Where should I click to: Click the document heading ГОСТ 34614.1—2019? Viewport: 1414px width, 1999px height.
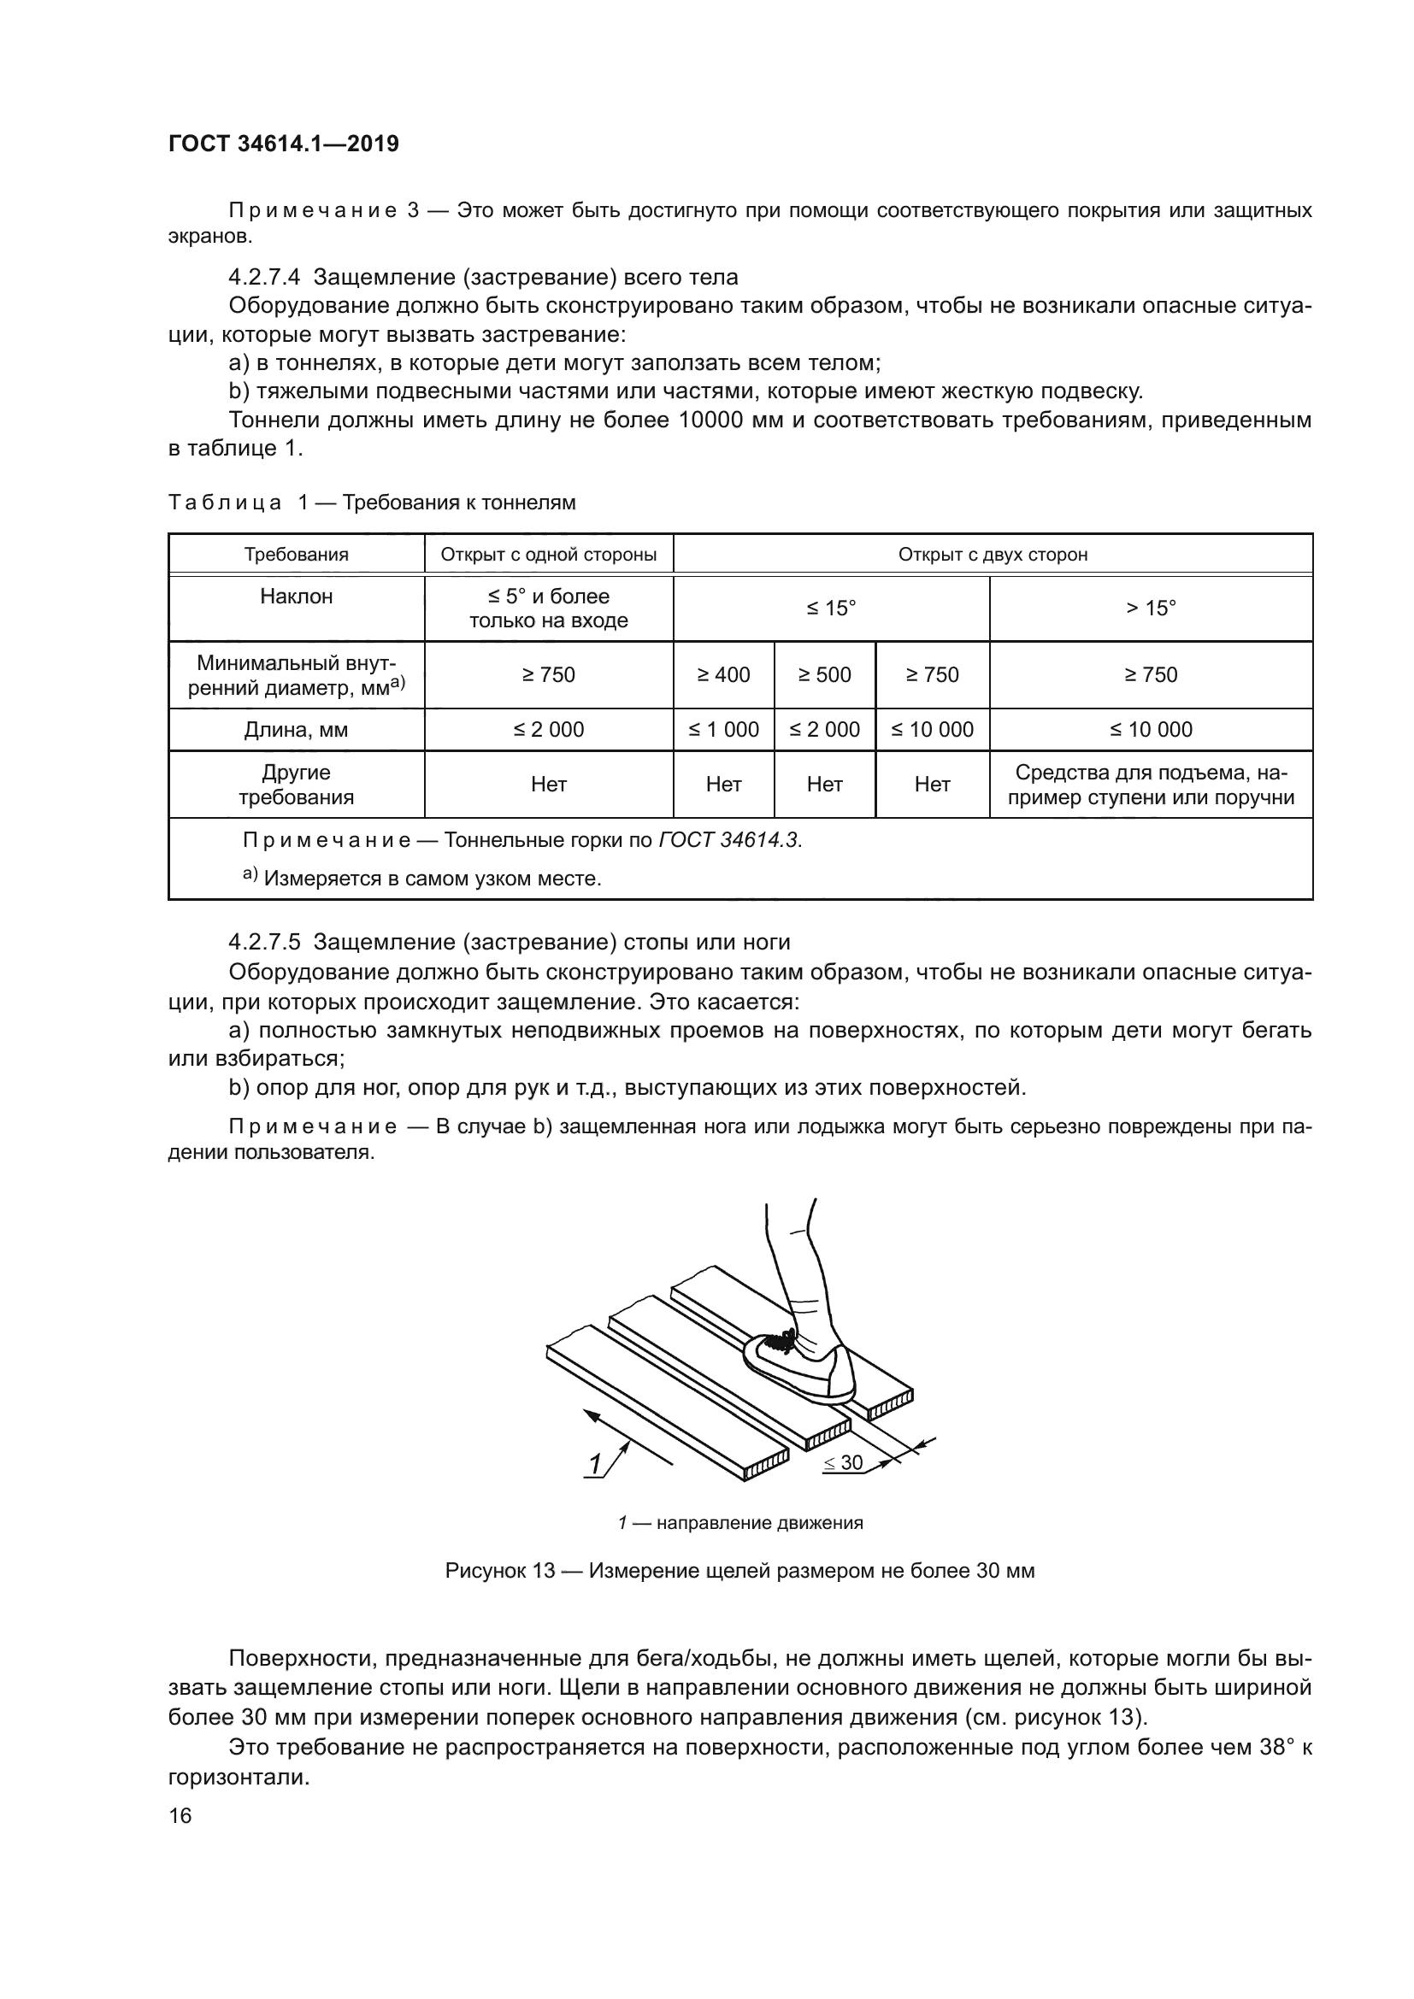[x=283, y=144]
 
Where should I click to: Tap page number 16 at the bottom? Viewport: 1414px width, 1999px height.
[x=180, y=1816]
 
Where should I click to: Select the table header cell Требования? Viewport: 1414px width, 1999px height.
[x=296, y=555]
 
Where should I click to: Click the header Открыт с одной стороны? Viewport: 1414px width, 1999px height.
[x=549, y=555]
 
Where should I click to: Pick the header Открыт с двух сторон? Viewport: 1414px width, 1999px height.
[x=993, y=555]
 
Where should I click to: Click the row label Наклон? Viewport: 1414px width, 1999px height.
[x=296, y=597]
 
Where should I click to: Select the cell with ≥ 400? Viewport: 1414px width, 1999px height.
[x=723, y=675]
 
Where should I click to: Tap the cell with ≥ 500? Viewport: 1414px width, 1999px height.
[x=824, y=675]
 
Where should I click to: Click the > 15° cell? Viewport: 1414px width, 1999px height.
[x=1150, y=608]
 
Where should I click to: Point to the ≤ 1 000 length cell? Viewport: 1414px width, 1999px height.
[x=723, y=730]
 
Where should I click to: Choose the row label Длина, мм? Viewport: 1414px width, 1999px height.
[x=296, y=730]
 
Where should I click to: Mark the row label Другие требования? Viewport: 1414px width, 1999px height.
[x=296, y=785]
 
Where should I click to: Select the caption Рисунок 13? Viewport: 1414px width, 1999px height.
[x=739, y=1571]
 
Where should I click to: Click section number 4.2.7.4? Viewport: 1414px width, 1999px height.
[x=264, y=278]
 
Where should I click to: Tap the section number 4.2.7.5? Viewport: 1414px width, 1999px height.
[x=264, y=942]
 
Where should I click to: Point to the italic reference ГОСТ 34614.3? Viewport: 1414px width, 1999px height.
[x=729, y=840]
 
